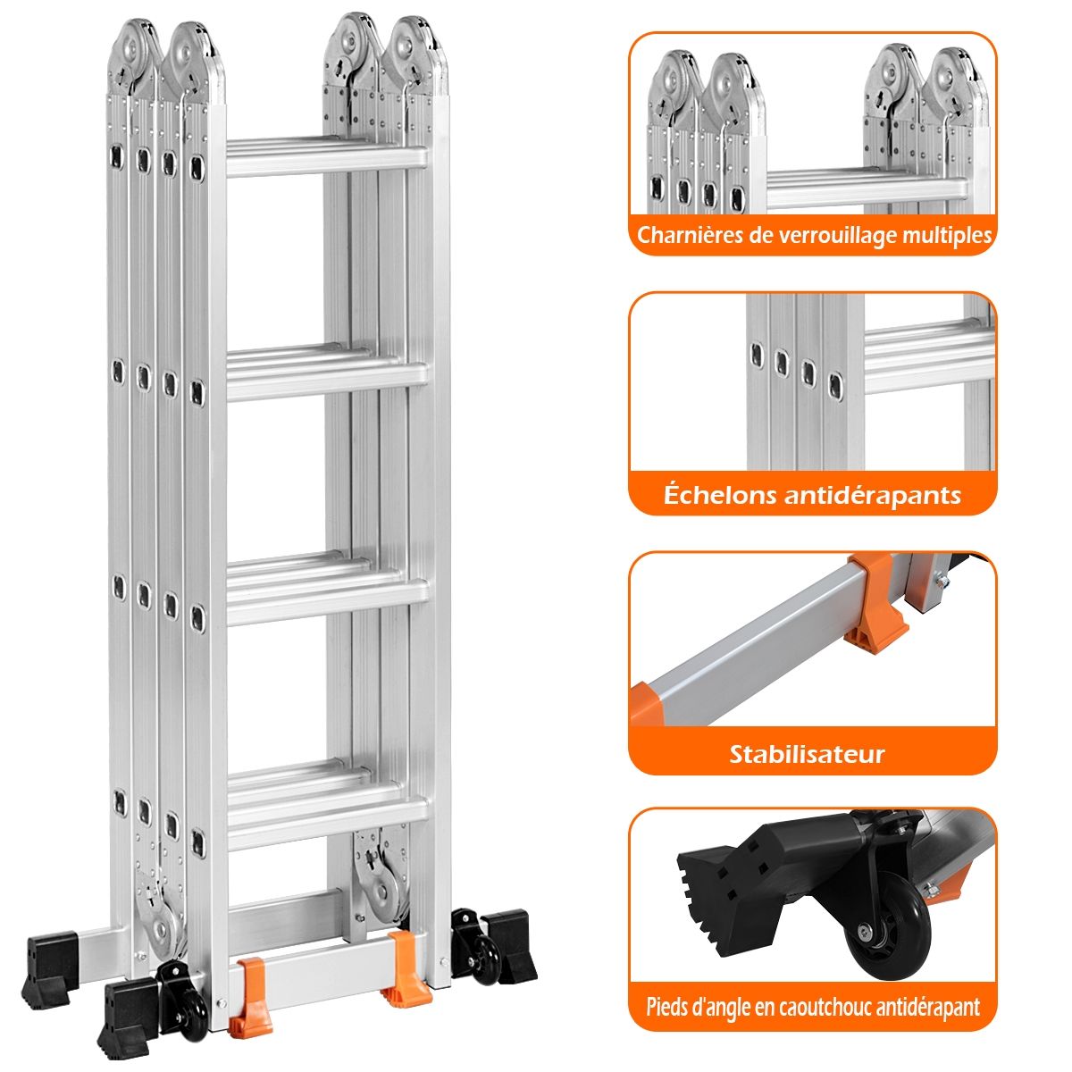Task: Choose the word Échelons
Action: (x=720, y=495)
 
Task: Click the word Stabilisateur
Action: (x=807, y=754)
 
